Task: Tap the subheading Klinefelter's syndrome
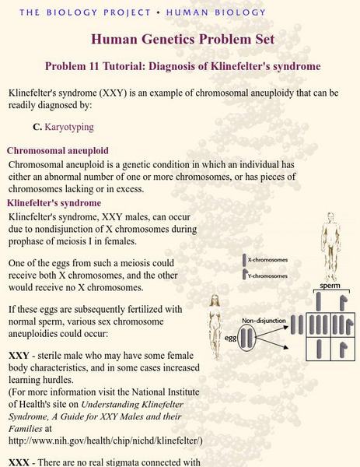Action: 56,202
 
